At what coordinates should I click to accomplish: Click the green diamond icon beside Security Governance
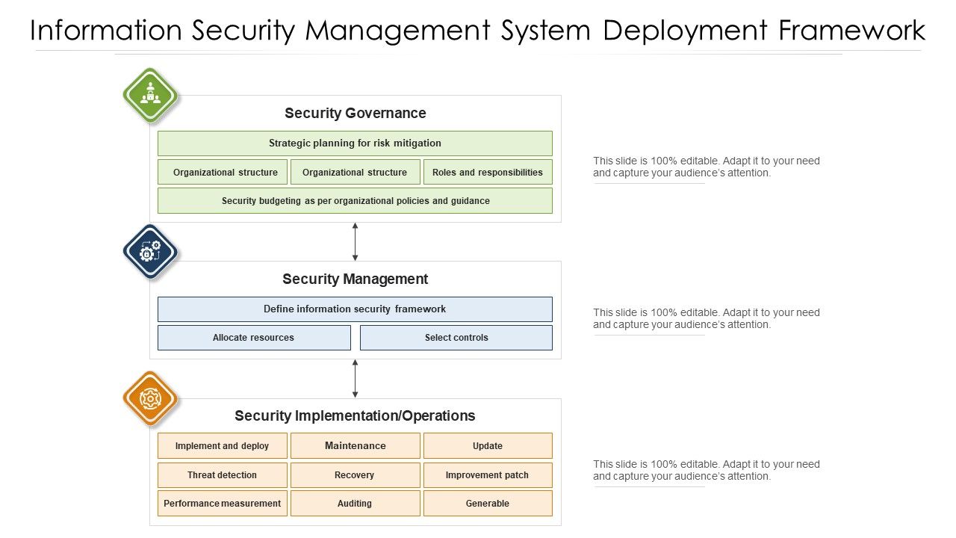pyautogui.click(x=150, y=96)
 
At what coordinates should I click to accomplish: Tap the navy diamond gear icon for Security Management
pyautogui.click(x=150, y=253)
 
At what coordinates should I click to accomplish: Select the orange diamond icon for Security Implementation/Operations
pyautogui.click(x=150, y=399)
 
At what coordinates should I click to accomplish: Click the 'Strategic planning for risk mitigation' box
pyautogui.click(x=355, y=143)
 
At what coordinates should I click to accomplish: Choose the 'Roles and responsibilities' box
pyautogui.click(x=487, y=172)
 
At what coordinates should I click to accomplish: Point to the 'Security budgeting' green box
pyautogui.click(x=355, y=201)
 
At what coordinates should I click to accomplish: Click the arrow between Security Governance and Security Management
pyautogui.click(x=355, y=241)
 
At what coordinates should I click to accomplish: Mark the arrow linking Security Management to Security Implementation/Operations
pyautogui.click(x=355, y=379)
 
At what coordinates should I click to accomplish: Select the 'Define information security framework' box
pyautogui.click(x=355, y=309)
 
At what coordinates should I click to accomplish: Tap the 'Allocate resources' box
pyautogui.click(x=254, y=338)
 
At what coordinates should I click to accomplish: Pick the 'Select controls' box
pyautogui.click(x=456, y=338)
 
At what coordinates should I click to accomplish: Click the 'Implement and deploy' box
pyautogui.click(x=222, y=446)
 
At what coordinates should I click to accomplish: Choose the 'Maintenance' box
pyautogui.click(x=355, y=446)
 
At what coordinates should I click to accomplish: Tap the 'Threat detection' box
pyautogui.click(x=222, y=475)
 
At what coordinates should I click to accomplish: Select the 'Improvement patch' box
pyautogui.click(x=487, y=475)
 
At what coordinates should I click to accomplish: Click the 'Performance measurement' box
pyautogui.click(x=222, y=504)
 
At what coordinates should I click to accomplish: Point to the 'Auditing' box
pyautogui.click(x=355, y=504)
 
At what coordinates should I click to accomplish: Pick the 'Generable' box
pyautogui.click(x=487, y=504)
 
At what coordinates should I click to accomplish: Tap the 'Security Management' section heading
pyautogui.click(x=355, y=279)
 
